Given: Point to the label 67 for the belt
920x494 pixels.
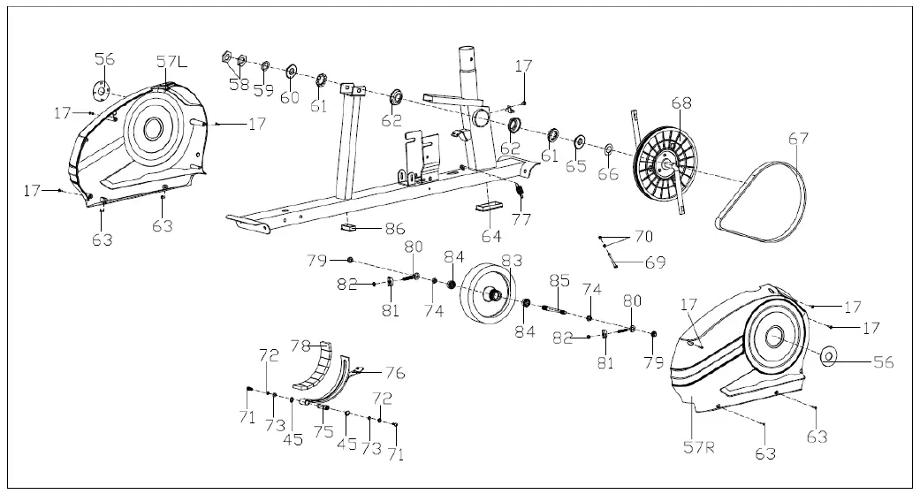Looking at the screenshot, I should tap(798, 139).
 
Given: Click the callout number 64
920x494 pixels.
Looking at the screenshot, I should tap(491, 236).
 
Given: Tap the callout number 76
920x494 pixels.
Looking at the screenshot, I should tap(394, 374).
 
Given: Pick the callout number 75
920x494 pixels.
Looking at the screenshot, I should tap(323, 431).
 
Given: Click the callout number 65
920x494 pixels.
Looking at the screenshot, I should tap(576, 166).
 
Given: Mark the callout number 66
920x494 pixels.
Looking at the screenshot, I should tap(607, 174).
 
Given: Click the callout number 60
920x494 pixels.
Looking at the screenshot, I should tap(290, 97).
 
